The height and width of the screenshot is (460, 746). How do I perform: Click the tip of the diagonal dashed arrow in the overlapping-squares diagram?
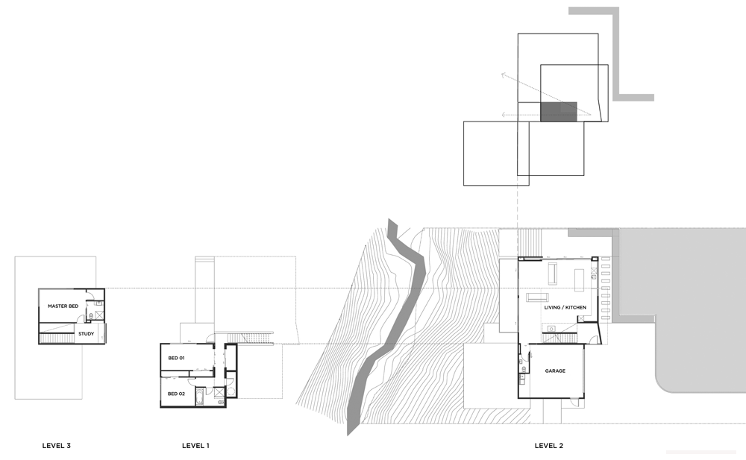coord(501,74)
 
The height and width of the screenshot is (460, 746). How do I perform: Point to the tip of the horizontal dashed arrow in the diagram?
coord(501,115)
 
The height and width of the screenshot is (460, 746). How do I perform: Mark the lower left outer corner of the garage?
coord(518,397)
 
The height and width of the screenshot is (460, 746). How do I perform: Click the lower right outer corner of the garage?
coord(584,397)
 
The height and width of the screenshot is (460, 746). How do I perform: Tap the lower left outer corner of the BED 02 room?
coord(161,407)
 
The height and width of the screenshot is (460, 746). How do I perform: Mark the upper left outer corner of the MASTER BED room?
coord(39,289)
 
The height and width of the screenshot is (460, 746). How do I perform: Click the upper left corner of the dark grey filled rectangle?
coord(541,102)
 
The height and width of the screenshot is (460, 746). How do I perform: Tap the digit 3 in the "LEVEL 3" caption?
coord(69,446)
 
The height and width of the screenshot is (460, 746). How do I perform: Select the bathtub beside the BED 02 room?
coord(200,397)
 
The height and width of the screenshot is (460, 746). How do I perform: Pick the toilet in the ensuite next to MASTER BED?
coord(91,316)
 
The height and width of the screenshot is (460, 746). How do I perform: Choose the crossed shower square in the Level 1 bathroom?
coord(219,393)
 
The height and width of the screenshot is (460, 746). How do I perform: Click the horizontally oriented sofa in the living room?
coord(538,297)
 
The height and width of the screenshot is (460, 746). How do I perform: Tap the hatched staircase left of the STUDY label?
coord(56,338)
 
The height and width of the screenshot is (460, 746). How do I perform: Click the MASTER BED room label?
coord(63,306)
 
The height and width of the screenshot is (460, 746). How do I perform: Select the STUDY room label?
coord(86,334)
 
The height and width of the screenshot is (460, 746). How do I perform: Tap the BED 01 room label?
coord(176,358)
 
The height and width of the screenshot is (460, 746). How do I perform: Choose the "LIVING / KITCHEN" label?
coord(565,307)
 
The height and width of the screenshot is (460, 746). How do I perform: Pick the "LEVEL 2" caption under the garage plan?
coord(548,446)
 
